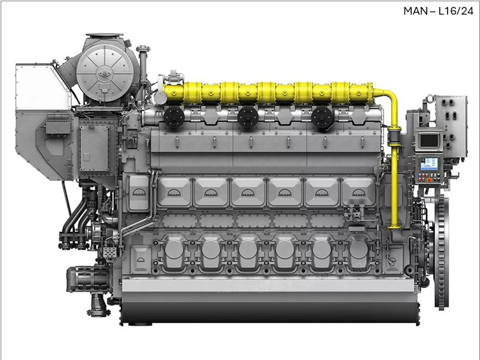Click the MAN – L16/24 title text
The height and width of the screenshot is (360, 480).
point(438,11)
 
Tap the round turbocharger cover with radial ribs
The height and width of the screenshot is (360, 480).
point(105,73)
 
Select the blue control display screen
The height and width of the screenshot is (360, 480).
point(429,164)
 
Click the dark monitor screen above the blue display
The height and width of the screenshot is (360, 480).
point(429,140)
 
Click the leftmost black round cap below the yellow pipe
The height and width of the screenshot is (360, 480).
point(174,117)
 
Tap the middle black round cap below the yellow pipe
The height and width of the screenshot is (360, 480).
point(248,117)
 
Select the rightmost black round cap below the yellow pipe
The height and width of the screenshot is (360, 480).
point(322,117)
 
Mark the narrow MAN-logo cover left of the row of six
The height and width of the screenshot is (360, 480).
point(139,193)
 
